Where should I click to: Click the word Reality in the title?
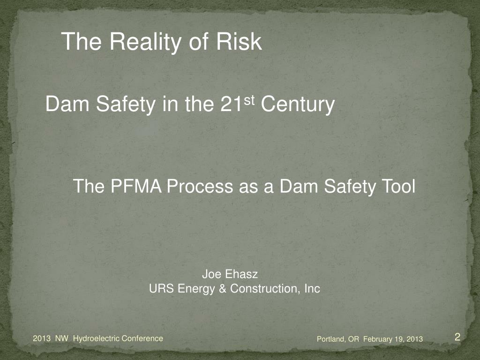146,42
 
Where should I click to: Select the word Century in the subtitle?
298,105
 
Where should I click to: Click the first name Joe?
211,274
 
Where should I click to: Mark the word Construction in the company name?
265,288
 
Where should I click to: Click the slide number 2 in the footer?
457,337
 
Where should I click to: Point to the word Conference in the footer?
143,338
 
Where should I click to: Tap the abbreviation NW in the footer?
62,338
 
